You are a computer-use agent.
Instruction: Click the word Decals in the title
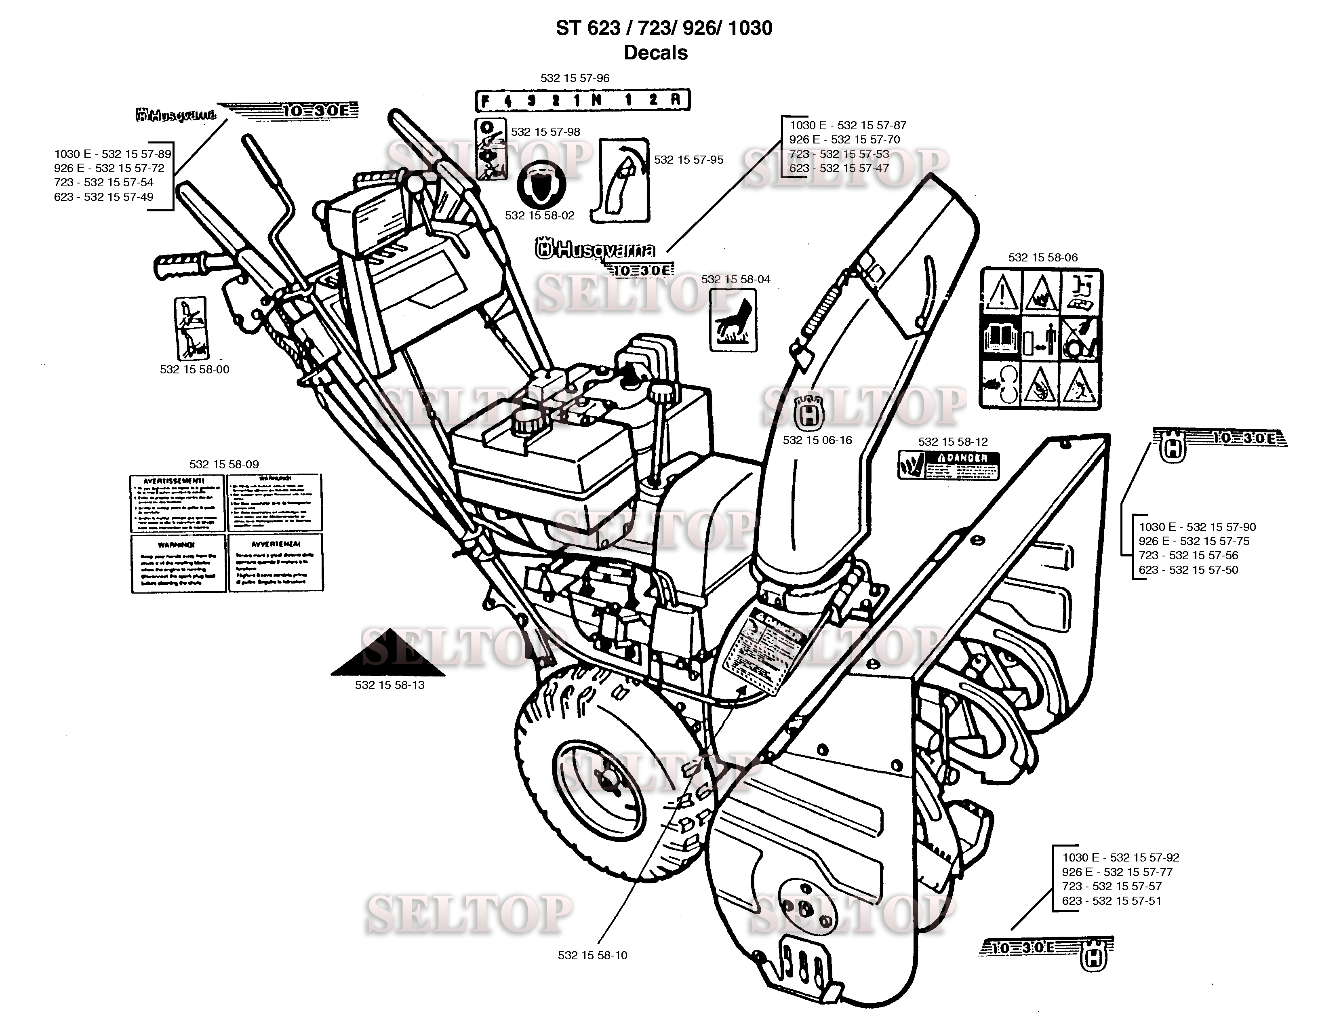pos(656,53)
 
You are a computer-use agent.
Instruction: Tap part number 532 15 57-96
pos(575,78)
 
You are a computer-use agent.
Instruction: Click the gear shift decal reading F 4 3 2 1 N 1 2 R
pos(582,100)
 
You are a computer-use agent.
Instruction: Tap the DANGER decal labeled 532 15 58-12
pos(948,465)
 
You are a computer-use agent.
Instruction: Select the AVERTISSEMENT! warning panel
pos(177,503)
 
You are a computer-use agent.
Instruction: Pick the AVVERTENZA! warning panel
pos(276,562)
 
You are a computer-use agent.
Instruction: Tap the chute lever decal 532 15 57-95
pos(624,179)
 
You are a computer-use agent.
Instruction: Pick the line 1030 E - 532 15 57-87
pos(847,125)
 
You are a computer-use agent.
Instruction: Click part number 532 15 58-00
pos(195,369)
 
